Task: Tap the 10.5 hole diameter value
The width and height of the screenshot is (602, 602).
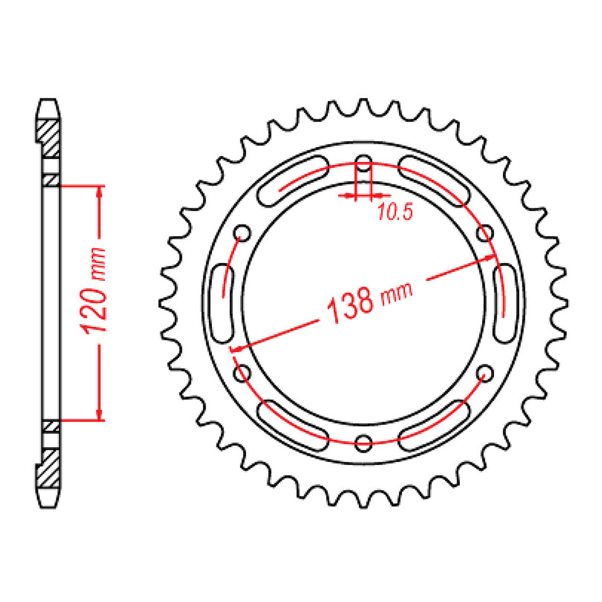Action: [x=394, y=212]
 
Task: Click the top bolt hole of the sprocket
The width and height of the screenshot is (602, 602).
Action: [x=363, y=166]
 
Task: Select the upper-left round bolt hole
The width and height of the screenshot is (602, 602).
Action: [x=244, y=232]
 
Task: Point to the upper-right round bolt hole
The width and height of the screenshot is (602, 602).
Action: [x=486, y=232]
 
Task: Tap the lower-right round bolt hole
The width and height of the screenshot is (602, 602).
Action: [x=486, y=372]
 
